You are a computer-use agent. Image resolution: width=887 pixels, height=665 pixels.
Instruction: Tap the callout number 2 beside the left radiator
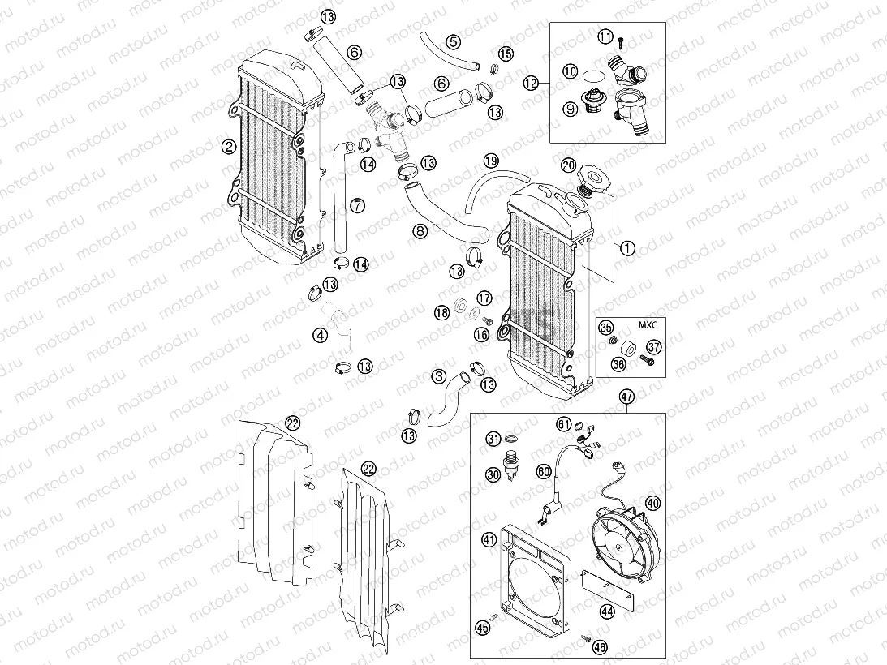pos(229,147)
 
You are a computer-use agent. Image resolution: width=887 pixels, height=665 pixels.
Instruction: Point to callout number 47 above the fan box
pos(626,397)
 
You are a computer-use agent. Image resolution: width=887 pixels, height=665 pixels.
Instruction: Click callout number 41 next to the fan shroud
pos(489,538)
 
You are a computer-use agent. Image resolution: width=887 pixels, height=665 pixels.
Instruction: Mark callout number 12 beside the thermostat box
pos(531,82)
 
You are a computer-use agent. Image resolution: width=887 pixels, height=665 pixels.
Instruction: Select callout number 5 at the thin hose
pos(453,41)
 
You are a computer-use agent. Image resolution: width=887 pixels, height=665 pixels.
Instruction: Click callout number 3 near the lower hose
pos(439,375)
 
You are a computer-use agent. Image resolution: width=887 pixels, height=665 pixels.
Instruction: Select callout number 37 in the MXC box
pos(654,347)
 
